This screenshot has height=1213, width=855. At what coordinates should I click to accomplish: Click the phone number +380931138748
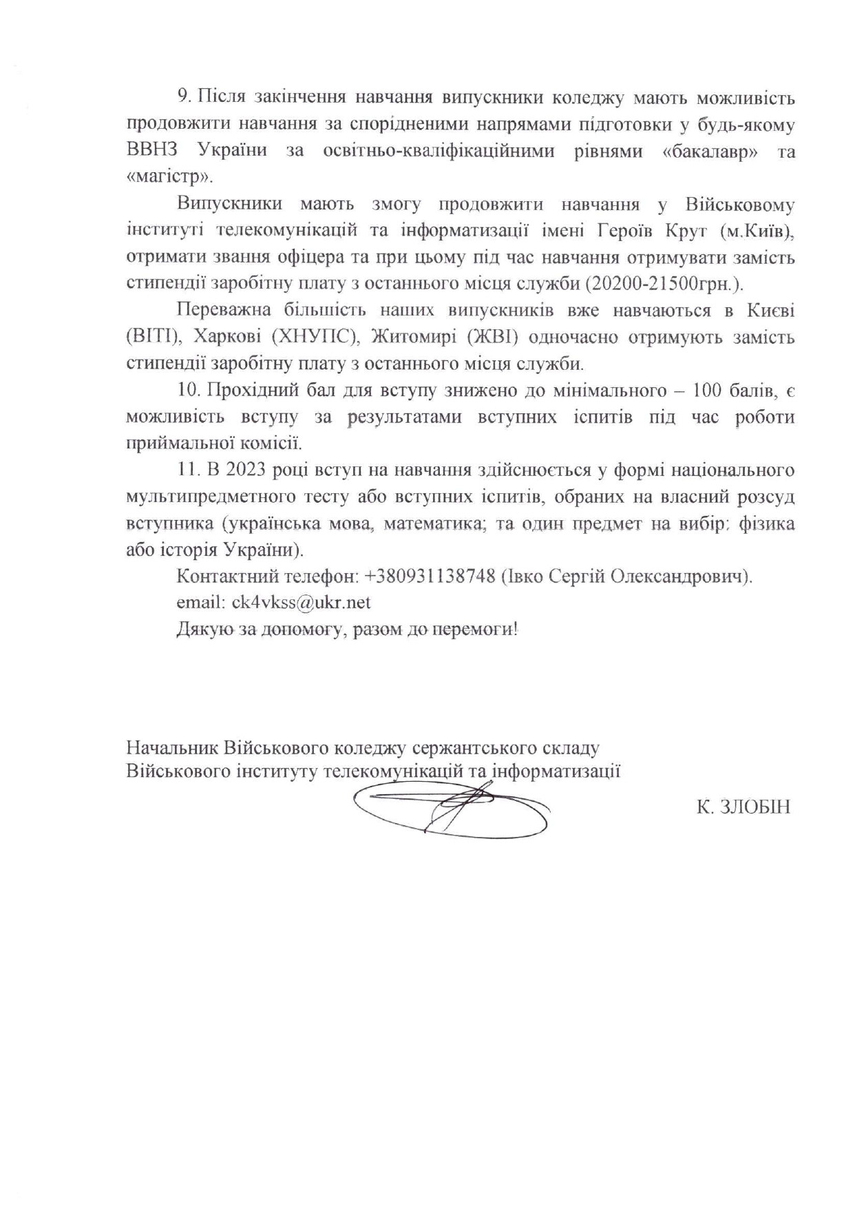tap(430, 577)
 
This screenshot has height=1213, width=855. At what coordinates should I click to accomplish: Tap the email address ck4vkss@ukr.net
tap(301, 603)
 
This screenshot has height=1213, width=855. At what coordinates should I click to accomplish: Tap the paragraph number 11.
tap(187, 470)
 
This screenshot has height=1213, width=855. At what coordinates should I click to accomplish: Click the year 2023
tap(246, 470)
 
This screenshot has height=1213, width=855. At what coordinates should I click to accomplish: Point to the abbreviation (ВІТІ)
tap(153, 338)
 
